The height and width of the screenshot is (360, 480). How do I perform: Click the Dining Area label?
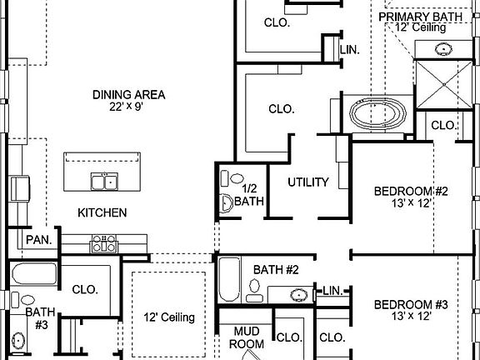(x=128, y=94)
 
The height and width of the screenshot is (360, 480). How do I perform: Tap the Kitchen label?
(x=102, y=212)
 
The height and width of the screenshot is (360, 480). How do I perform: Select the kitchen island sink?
(x=105, y=181)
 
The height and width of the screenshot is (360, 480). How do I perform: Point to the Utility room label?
(x=308, y=182)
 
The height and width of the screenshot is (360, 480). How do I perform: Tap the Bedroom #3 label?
(x=411, y=304)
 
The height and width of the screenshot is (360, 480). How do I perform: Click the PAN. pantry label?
(x=38, y=240)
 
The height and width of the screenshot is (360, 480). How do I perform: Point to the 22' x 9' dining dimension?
(x=128, y=107)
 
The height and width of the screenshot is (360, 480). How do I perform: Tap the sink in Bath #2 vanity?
(x=298, y=293)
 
